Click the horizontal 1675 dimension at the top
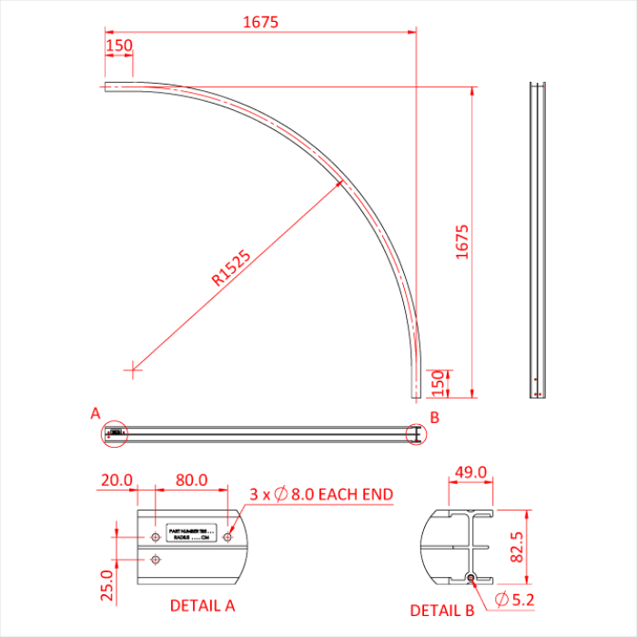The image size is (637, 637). point(260,22)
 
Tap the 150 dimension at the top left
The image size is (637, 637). point(119,45)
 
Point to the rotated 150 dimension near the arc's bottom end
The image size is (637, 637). point(438,383)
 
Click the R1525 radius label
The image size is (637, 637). point(231,268)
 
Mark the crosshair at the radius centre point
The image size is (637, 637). point(133,369)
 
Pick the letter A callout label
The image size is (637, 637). point(95,413)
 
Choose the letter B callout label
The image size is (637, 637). point(435,417)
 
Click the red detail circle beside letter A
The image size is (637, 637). point(114,434)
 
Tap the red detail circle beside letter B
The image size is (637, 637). point(414,435)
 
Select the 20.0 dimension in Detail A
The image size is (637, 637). point(117,480)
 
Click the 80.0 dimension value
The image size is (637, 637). point(191,480)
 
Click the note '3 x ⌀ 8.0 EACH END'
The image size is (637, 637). point(321,494)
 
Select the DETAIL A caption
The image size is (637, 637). point(202,604)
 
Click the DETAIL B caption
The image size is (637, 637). point(441,611)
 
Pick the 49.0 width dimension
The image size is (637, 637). point(470,472)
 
